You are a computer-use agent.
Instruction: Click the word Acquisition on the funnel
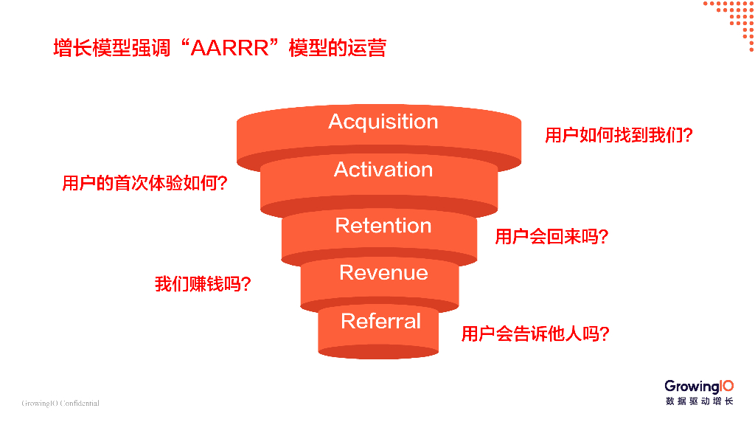point(383,122)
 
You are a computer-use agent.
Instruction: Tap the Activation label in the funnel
point(383,170)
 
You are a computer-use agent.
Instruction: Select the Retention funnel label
point(383,226)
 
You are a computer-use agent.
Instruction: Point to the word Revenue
point(383,273)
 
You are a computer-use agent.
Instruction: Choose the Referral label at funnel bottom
point(380,321)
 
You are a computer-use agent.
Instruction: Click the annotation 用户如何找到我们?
point(619,136)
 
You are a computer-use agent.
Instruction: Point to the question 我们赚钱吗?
point(202,284)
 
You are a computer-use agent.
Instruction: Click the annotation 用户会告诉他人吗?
point(535,334)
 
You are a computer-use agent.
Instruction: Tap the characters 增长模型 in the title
point(86,49)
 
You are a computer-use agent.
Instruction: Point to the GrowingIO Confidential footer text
point(60,404)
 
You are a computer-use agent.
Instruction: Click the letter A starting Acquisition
point(336,122)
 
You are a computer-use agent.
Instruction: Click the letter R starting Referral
point(348,321)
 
